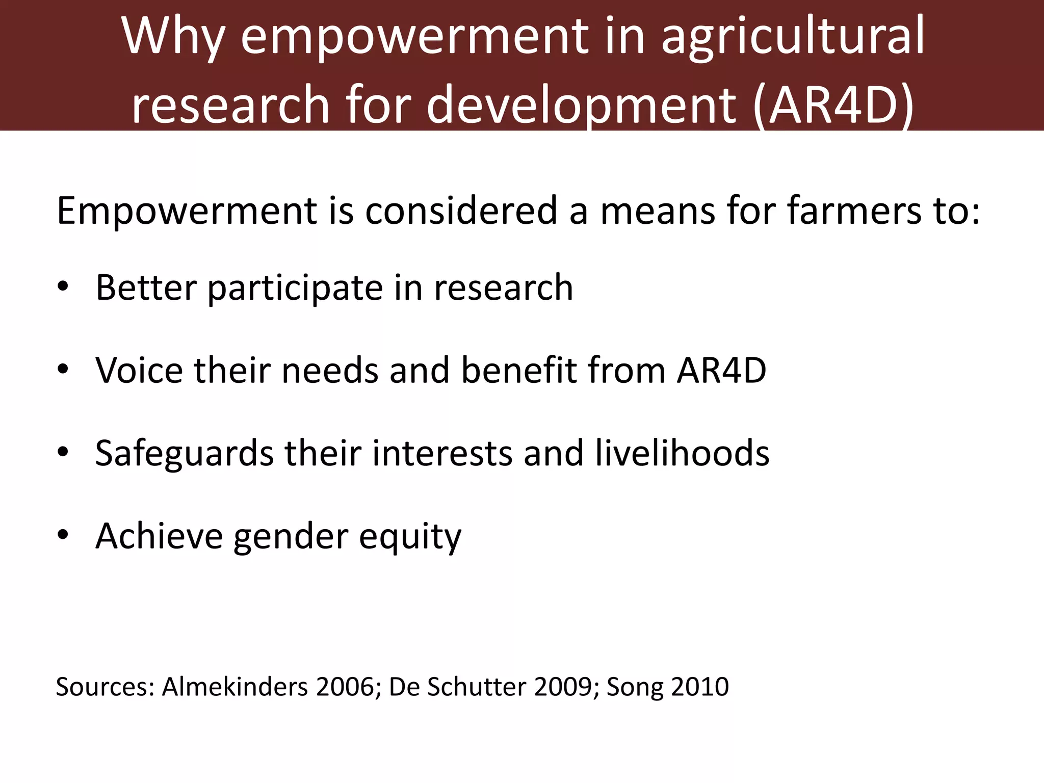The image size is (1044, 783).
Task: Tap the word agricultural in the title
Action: click(793, 37)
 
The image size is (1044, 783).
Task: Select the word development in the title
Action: click(581, 105)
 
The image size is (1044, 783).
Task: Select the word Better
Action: click(146, 288)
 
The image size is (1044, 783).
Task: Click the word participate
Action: click(295, 289)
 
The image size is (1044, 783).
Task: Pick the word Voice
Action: click(139, 370)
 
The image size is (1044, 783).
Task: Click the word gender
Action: click(291, 537)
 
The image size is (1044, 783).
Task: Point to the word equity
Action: click(410, 537)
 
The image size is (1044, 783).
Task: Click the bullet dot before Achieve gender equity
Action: click(63, 535)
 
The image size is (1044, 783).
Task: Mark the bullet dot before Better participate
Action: click(63, 286)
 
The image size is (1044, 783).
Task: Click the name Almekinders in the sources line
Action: click(235, 687)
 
